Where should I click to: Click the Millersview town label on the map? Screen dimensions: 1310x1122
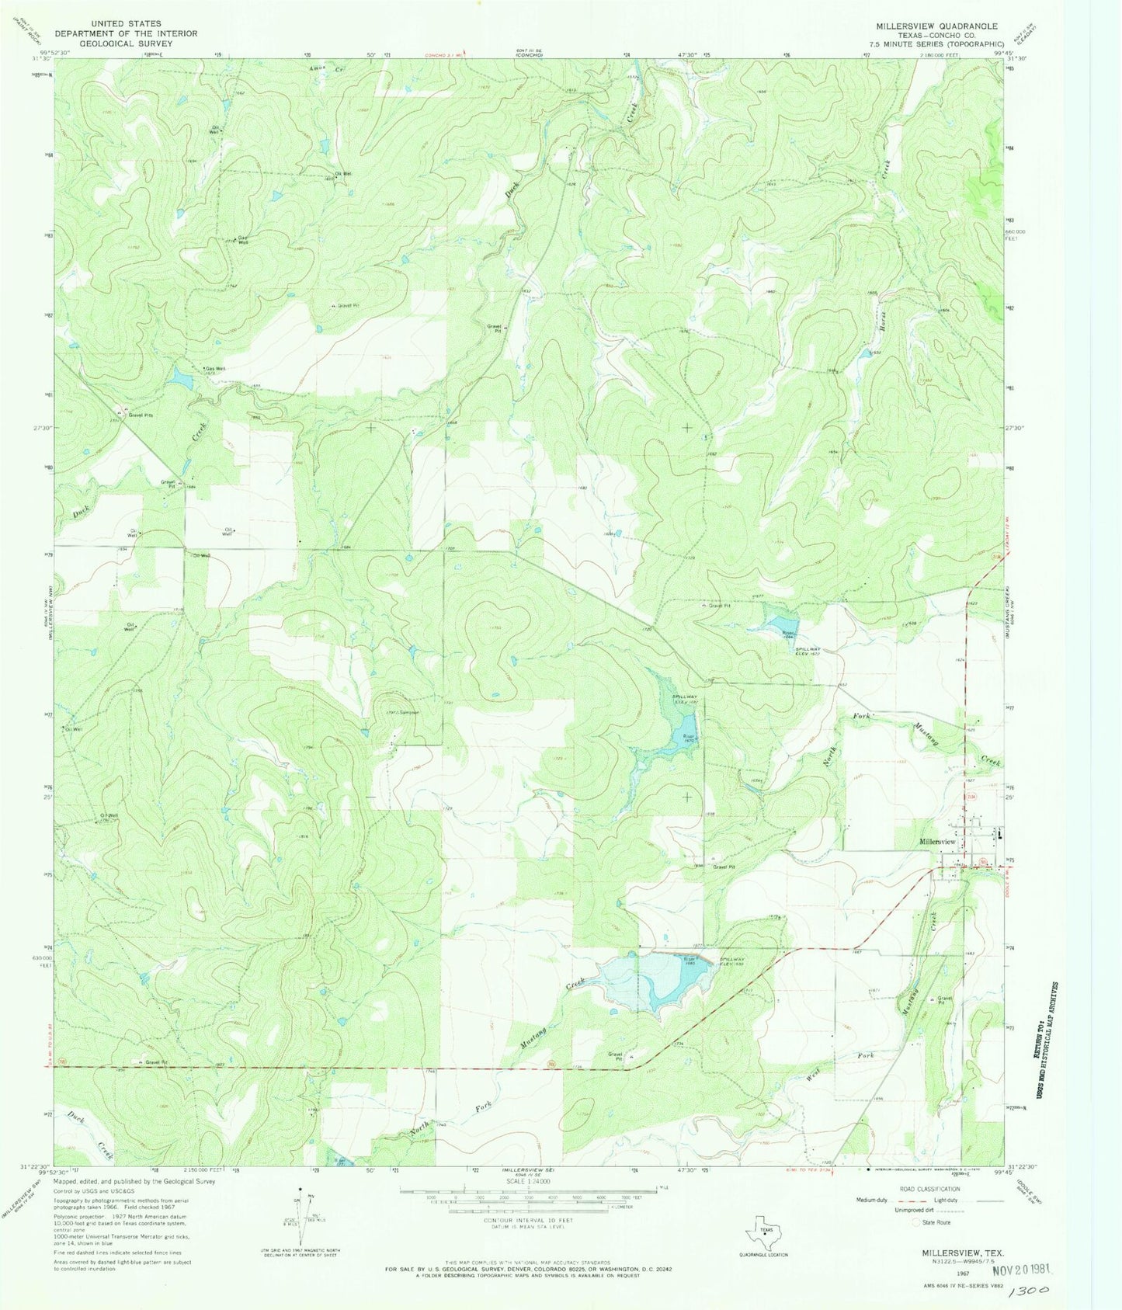point(937,842)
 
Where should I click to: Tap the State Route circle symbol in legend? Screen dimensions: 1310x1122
point(915,1222)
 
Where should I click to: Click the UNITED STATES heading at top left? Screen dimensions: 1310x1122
point(126,24)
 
